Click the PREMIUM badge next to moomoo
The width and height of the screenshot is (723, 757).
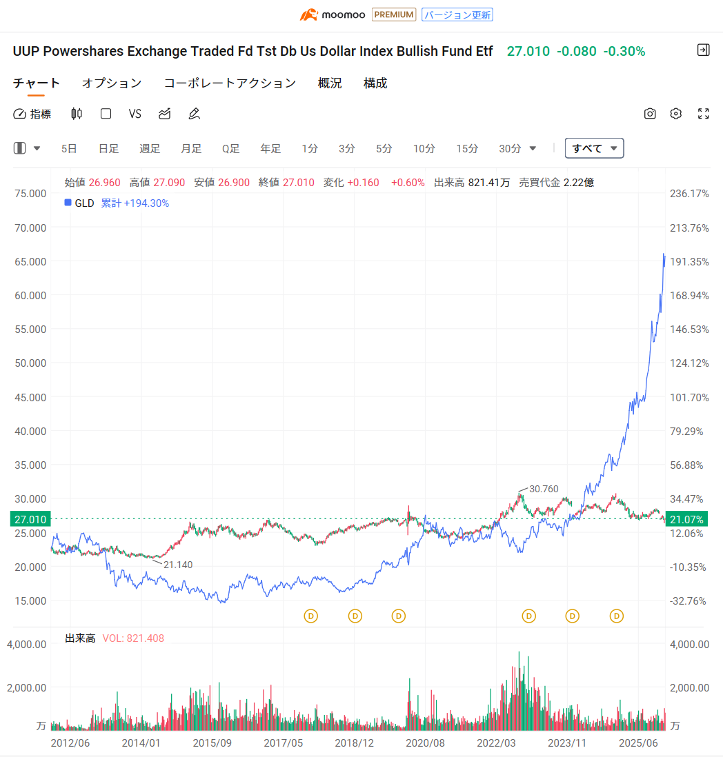(x=394, y=14)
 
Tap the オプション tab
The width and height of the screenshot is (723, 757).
(x=112, y=83)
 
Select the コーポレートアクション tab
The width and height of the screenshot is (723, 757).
(x=230, y=83)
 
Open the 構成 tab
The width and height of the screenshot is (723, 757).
(x=375, y=83)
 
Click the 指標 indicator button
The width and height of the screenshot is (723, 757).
(x=32, y=114)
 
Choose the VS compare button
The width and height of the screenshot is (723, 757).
(x=135, y=114)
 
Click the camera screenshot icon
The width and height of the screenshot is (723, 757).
(x=650, y=114)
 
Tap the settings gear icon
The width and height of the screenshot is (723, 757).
(x=676, y=114)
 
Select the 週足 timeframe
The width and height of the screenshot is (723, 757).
(x=150, y=148)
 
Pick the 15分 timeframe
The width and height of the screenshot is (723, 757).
(x=467, y=148)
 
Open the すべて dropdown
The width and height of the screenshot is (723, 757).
(x=594, y=148)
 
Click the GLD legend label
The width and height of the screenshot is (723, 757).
(x=85, y=203)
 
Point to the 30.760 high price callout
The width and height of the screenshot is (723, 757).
(x=544, y=489)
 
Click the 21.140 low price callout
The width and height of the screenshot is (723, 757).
(x=178, y=565)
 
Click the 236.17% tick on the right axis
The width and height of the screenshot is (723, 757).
(x=690, y=194)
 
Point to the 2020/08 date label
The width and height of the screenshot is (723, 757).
(x=426, y=743)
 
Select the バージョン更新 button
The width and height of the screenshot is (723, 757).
(x=457, y=14)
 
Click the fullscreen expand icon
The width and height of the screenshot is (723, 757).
(x=704, y=114)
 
